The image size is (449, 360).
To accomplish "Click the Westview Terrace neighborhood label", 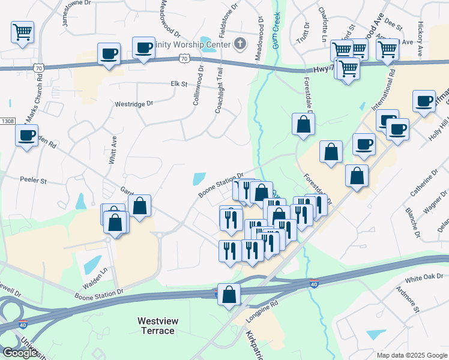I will tap(158, 326).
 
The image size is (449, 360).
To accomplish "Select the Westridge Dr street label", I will tap(134, 103).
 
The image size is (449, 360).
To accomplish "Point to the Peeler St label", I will tap(33, 179).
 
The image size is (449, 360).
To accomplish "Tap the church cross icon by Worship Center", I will tap(240, 43).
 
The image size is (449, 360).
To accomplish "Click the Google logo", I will tap(20, 353).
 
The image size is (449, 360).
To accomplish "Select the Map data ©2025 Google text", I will tap(411, 355).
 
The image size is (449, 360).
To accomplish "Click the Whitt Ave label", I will tap(113, 149).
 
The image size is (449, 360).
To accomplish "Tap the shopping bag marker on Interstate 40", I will tap(229, 295).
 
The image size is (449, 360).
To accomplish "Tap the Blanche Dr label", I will tap(412, 221).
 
